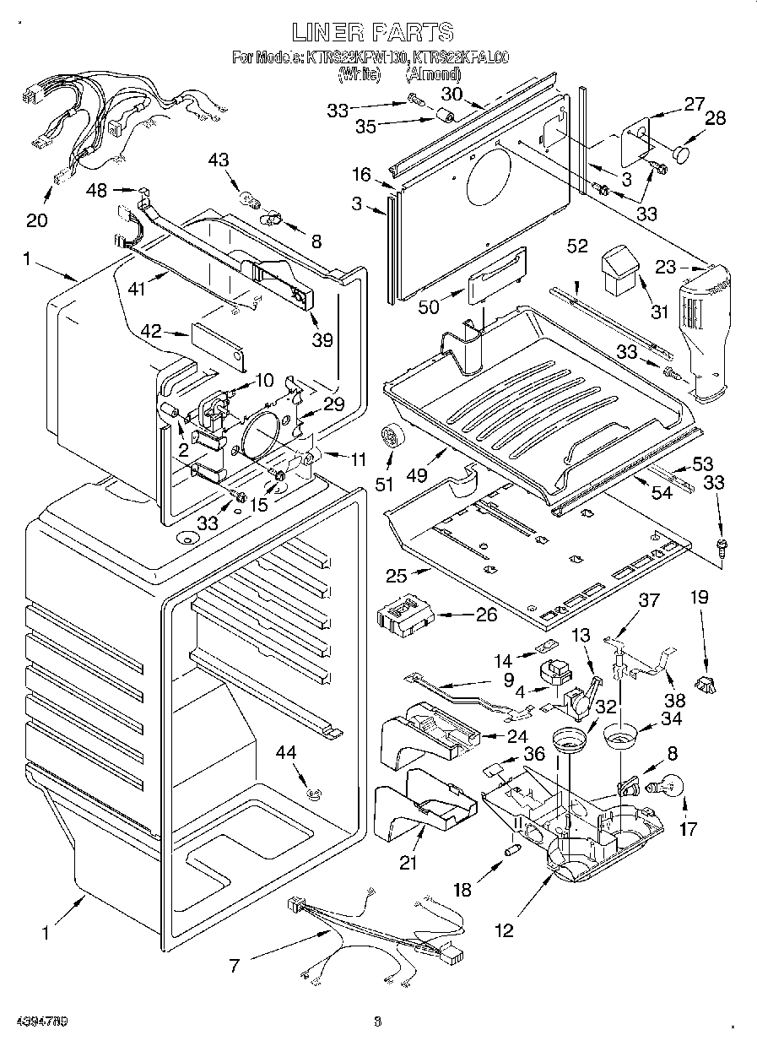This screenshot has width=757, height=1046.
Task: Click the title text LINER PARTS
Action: coord(372,32)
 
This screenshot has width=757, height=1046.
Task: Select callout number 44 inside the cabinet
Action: coord(292,752)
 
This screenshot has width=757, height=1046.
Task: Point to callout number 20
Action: coord(36,221)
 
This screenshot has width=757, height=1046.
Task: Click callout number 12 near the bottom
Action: coord(504,930)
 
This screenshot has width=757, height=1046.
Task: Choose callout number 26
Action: coord(487,615)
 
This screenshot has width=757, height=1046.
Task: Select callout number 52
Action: coord(577,246)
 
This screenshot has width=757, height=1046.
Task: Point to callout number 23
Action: coord(666,268)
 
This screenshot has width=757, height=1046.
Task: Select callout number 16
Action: coord(361,175)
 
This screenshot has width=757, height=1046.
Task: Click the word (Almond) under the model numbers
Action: coord(434,74)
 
